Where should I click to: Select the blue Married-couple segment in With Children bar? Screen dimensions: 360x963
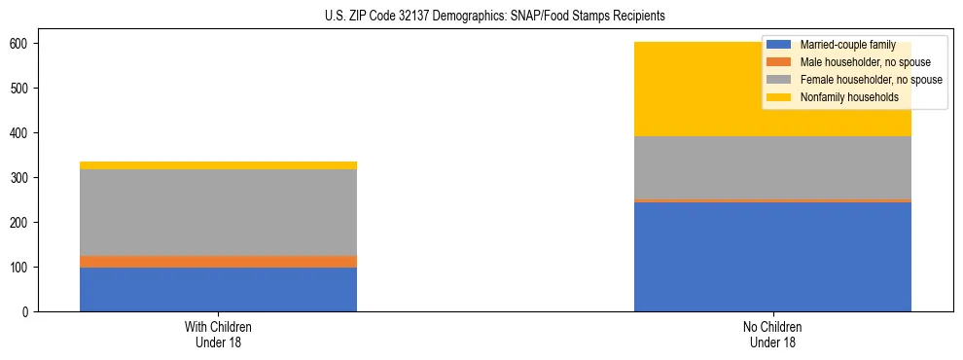(218, 289)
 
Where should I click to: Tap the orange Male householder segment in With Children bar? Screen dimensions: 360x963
(218, 261)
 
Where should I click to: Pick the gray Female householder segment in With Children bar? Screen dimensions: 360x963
(218, 212)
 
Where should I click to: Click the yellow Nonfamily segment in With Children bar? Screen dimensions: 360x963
(218, 165)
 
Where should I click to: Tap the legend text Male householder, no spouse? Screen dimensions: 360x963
(865, 62)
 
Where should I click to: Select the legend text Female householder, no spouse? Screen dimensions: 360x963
(871, 80)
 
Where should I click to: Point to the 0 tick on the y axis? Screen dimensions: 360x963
(26, 312)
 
